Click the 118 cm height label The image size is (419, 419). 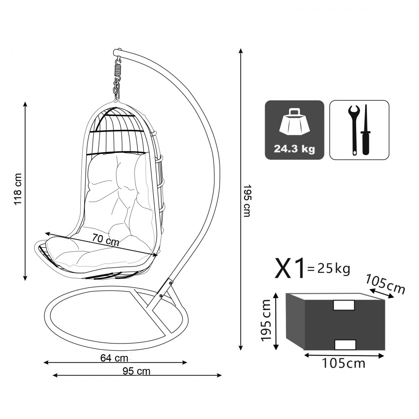point(18,189)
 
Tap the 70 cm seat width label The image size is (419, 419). point(106,239)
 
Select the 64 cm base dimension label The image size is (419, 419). point(114,358)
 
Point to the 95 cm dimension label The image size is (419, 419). point(136,371)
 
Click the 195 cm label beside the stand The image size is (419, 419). point(247,200)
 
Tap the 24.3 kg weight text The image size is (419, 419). point(294,149)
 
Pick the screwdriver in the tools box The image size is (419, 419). point(365,130)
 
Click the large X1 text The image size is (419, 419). point(290,268)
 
